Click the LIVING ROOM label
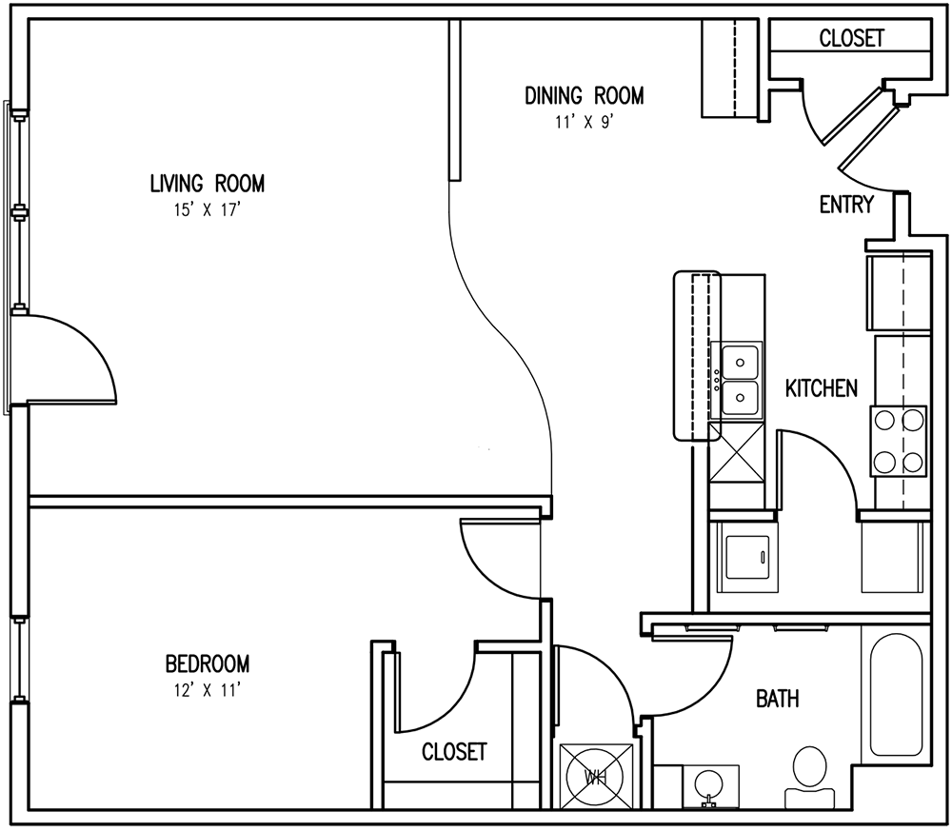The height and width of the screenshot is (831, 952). click(207, 183)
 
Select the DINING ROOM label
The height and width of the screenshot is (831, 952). click(584, 95)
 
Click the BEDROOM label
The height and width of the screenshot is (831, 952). click(208, 663)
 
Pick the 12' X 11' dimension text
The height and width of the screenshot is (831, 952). click(208, 689)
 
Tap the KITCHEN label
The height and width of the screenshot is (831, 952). click(822, 388)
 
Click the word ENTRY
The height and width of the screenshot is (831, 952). click(845, 205)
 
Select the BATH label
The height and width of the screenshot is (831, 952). click(777, 700)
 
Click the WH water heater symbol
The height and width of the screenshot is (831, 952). click(596, 778)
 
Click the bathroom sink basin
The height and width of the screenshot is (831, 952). click(708, 786)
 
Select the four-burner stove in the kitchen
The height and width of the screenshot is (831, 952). click(899, 440)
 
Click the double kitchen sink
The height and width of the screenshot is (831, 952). click(739, 379)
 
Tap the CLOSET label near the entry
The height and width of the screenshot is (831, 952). click(851, 39)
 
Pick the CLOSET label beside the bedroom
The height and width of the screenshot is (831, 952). click(453, 752)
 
